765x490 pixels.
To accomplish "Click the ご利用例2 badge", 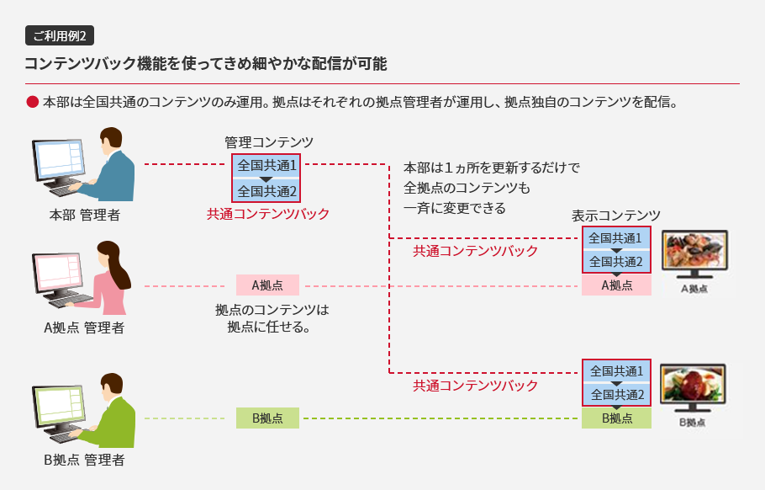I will [61, 35].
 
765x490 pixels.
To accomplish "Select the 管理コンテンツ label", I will [268, 142].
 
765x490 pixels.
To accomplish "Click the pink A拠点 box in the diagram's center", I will [267, 285].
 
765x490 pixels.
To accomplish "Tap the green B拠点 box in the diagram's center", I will [267, 418].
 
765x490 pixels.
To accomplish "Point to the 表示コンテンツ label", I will [616, 215].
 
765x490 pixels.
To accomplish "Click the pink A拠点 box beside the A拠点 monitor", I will [616, 285].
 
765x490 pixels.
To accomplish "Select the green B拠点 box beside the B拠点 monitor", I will [616, 418].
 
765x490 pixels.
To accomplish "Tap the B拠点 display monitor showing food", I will [694, 386].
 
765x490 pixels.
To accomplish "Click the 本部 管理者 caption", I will [84, 216].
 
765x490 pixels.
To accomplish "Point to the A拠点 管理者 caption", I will [84, 328].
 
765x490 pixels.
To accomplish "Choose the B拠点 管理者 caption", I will [84, 460].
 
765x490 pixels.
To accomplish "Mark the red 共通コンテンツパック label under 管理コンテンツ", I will [268, 214].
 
